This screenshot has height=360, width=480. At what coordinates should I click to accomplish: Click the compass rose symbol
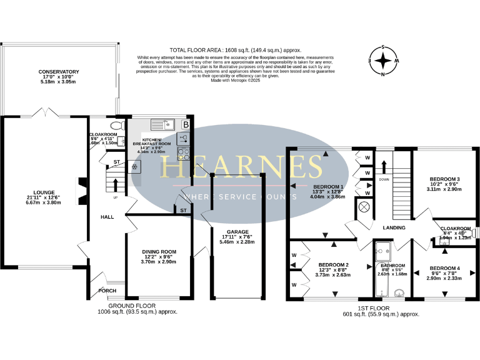tap(383, 61)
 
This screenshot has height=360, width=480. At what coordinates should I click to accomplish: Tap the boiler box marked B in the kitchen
tap(185, 125)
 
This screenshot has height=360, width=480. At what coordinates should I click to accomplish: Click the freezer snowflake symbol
tap(134, 167)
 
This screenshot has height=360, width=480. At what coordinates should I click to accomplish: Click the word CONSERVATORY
tap(58, 72)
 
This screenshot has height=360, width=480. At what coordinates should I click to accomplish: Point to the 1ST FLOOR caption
tap(375, 308)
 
